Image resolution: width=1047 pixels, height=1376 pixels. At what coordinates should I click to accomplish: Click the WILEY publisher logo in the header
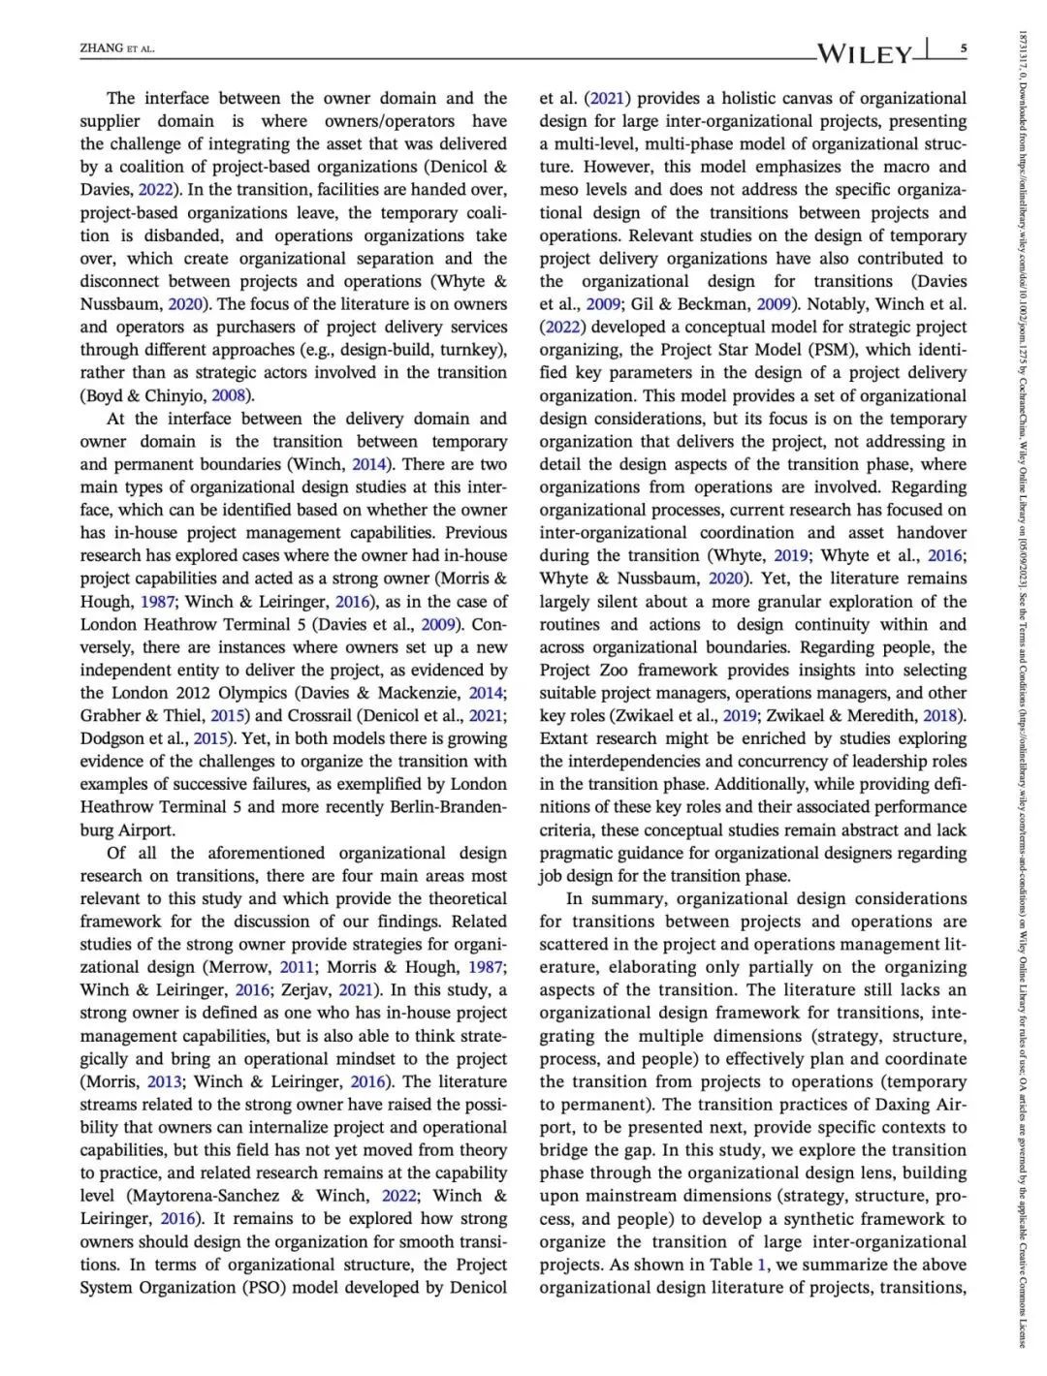coord(865,53)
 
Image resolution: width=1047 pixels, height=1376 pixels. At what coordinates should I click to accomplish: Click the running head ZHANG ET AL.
coord(115,48)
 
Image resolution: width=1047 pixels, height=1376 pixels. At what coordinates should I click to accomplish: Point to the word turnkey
coord(467,350)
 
